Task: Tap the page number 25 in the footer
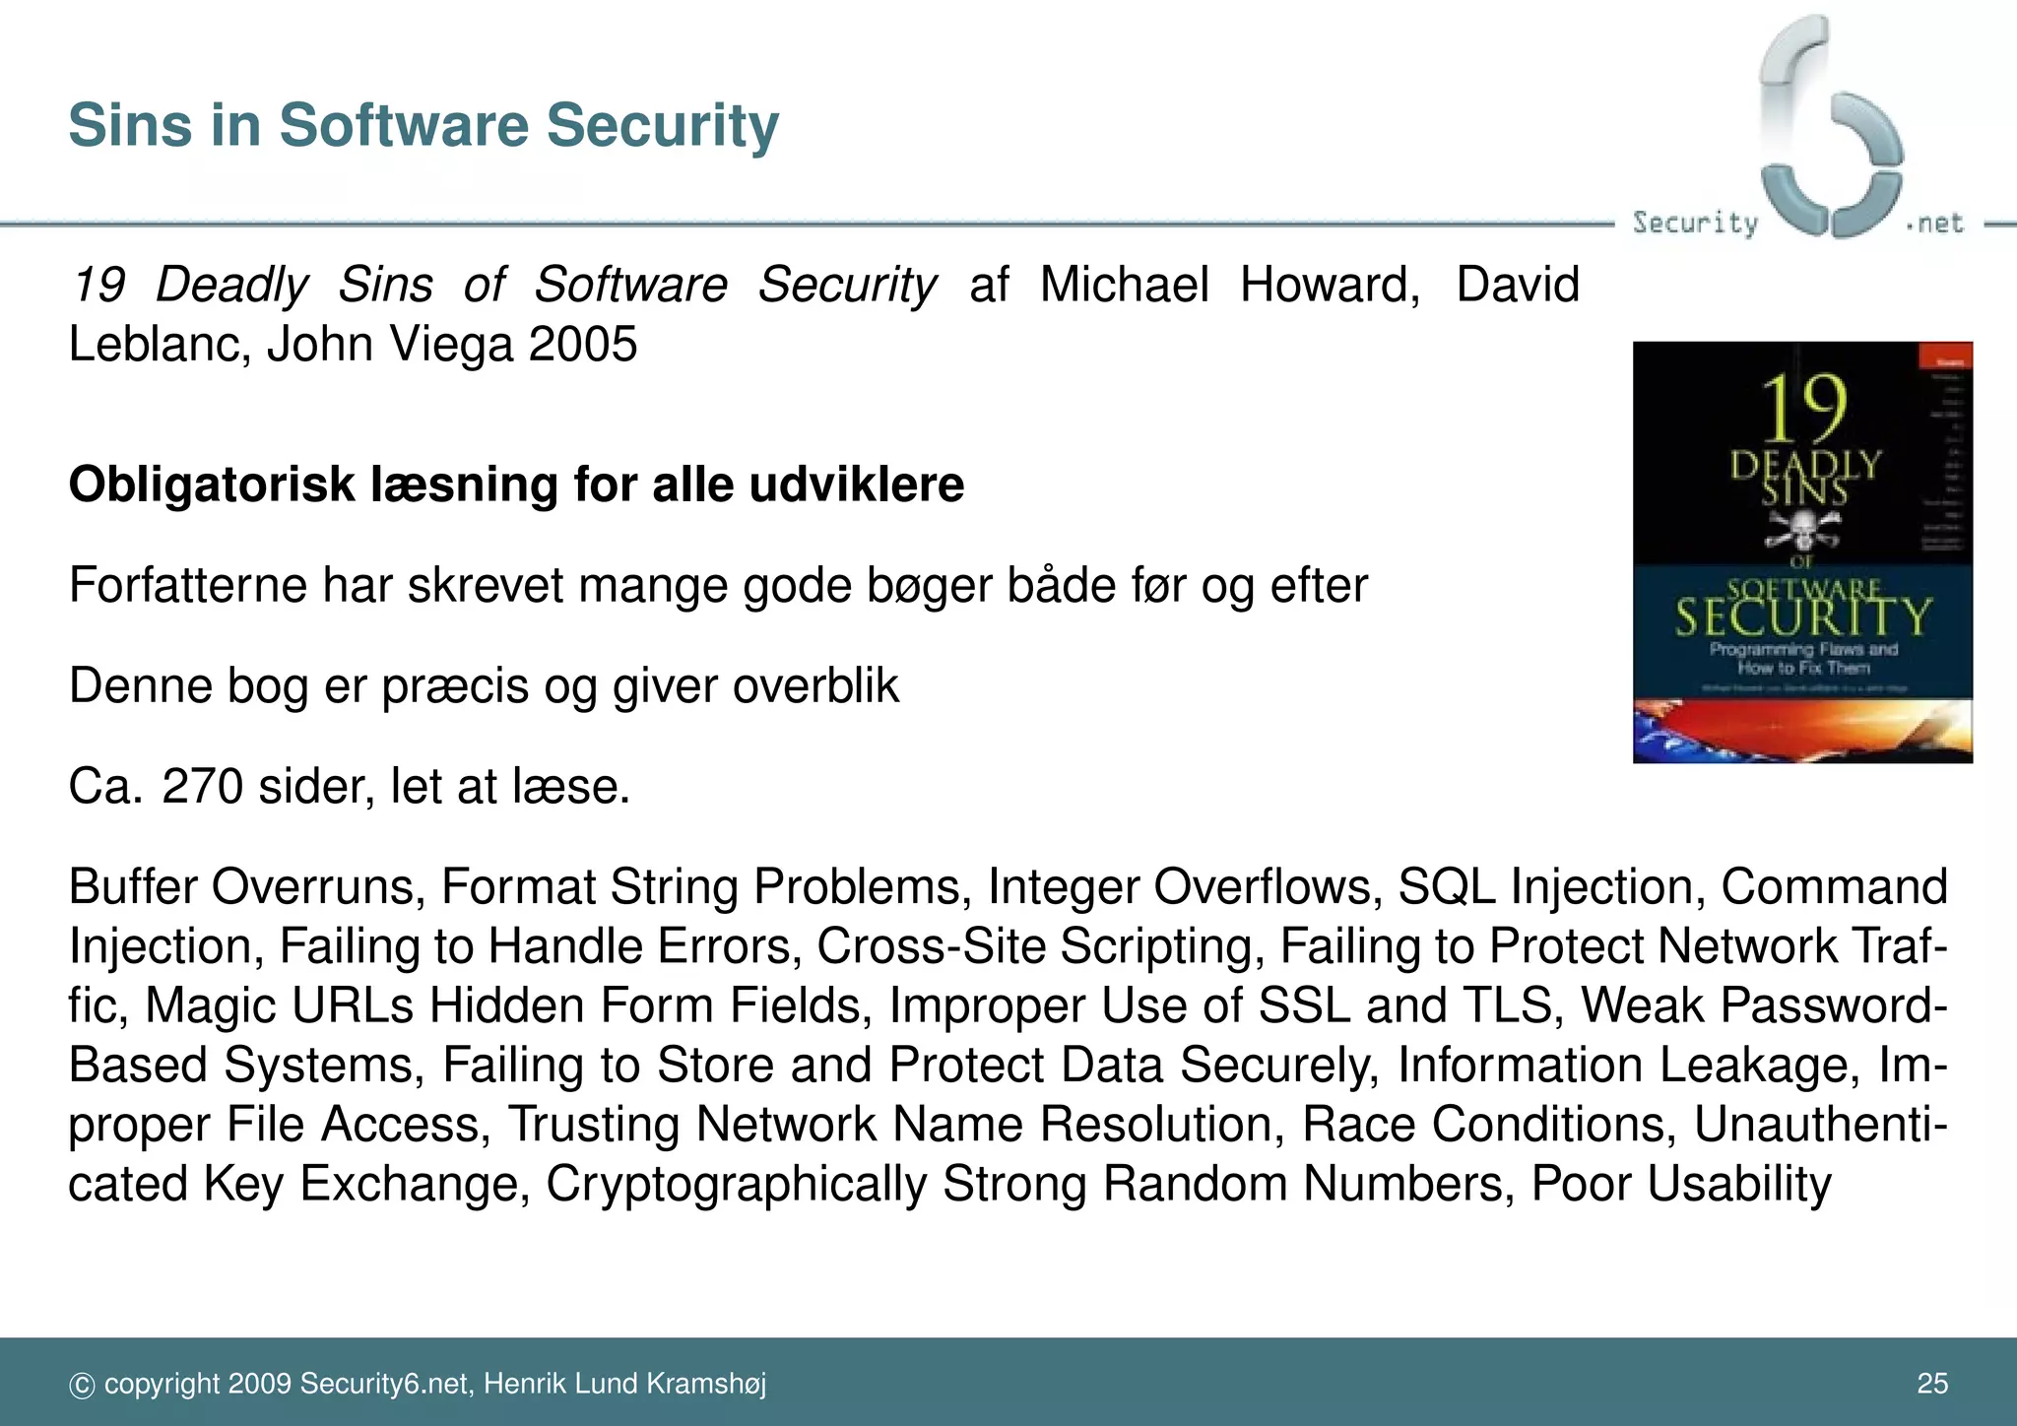point(1932,1384)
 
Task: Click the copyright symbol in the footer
point(82,1386)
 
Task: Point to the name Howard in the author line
point(1329,286)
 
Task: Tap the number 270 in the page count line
point(202,787)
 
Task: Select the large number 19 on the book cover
point(1802,409)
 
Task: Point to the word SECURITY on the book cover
point(1802,617)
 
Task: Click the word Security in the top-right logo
point(1694,224)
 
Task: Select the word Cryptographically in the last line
point(736,1184)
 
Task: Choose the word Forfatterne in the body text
point(187,586)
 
